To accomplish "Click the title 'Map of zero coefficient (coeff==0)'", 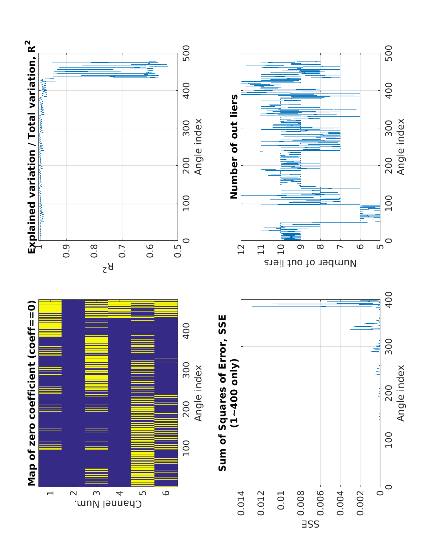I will [32, 393].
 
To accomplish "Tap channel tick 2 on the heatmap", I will [73, 493].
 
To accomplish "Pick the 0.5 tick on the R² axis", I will [178, 248].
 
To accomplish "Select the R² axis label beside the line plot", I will [108, 268].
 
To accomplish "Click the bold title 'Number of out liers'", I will [234, 146].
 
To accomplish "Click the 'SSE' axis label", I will [311, 524].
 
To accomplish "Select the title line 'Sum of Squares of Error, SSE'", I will [222, 393].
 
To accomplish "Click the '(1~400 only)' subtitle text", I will [234, 393].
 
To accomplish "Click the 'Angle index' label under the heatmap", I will [198, 393].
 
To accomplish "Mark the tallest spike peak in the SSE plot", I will [253, 306].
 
